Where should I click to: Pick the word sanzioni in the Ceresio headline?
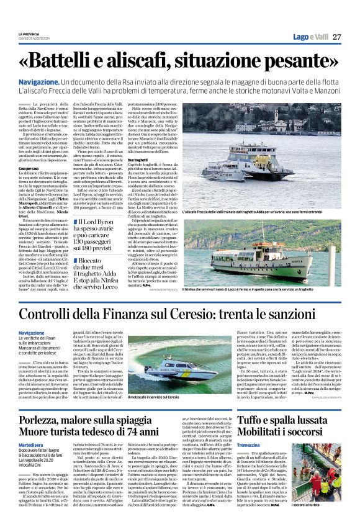[312, 315]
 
